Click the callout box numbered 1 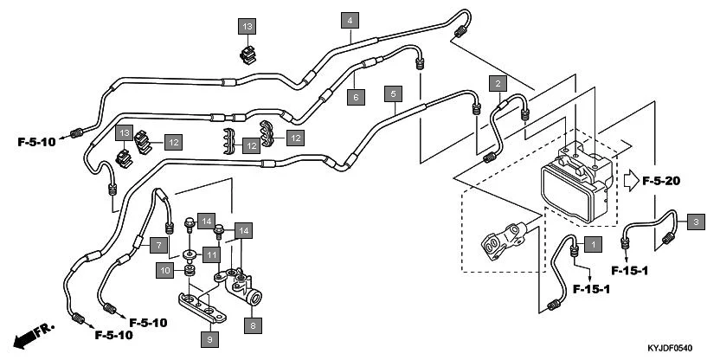[592, 244]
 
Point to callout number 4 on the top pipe [350, 20]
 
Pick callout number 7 [161, 245]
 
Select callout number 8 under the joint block [254, 325]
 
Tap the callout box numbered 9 [209, 339]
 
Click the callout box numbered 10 [165, 271]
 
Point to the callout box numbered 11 [211, 254]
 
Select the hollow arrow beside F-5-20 [629, 180]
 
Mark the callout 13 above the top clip [247, 27]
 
